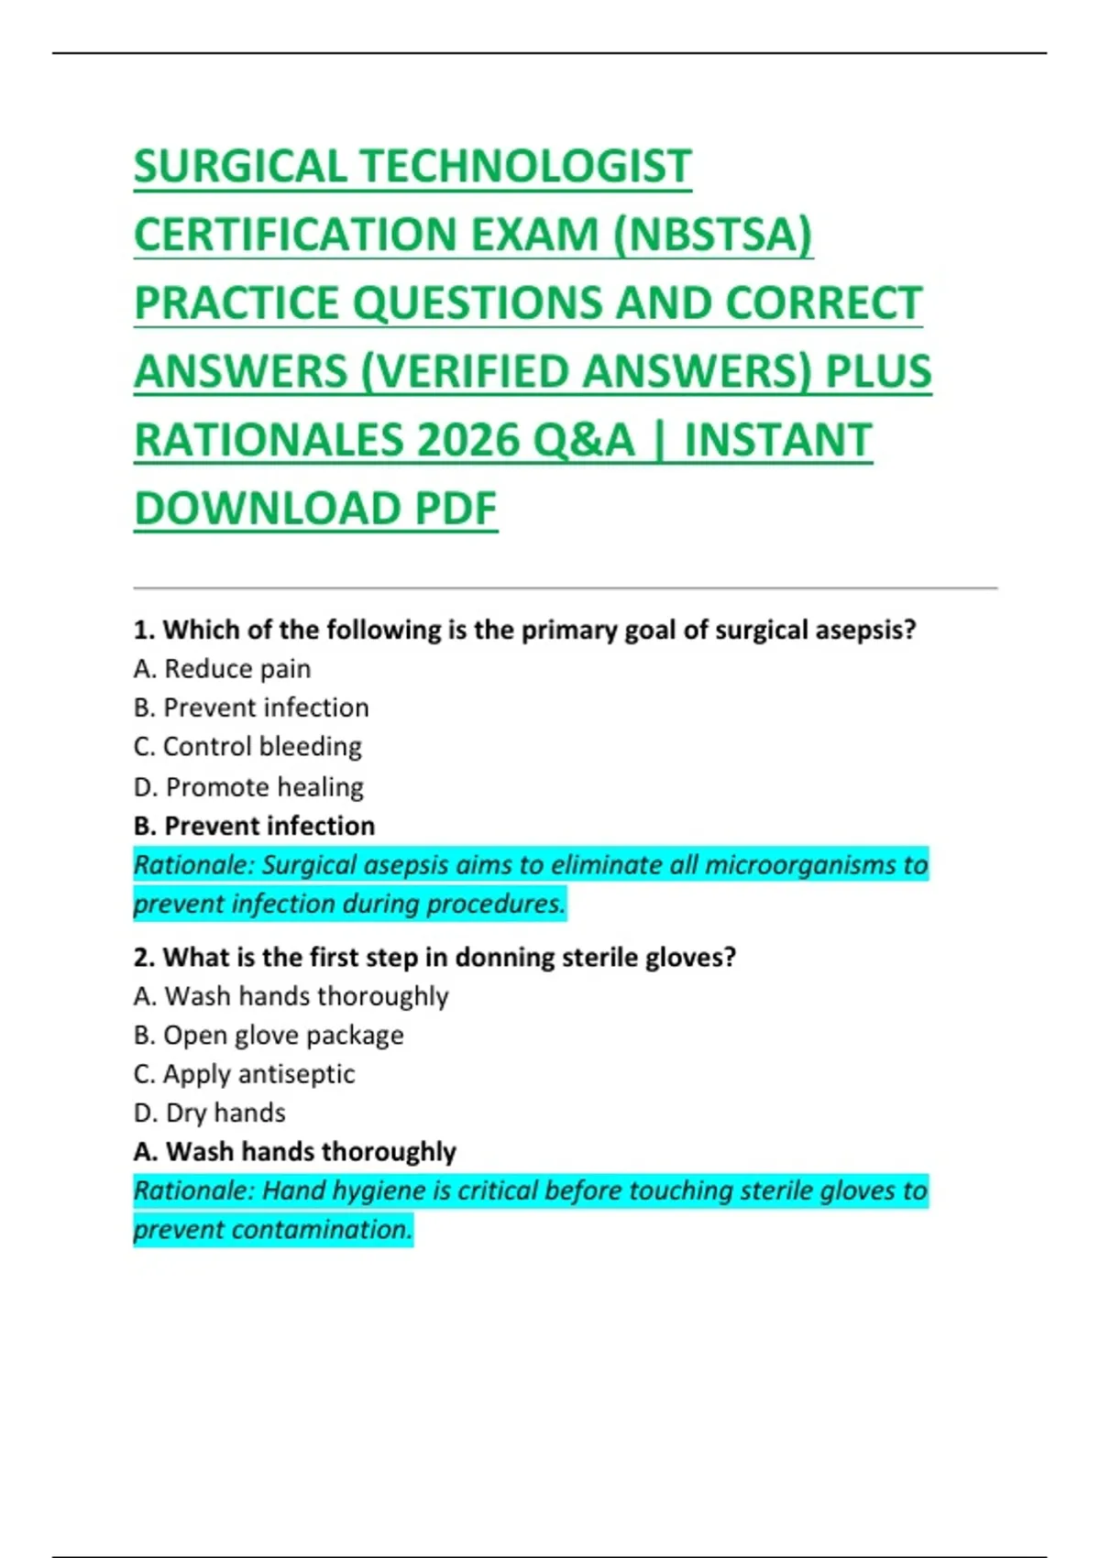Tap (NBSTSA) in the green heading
tap(712, 235)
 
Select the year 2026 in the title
tap(467, 440)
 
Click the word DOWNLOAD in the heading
tap(267, 509)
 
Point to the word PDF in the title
tap(456, 509)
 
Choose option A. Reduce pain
tap(222, 669)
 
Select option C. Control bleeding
tap(247, 747)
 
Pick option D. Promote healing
tap(248, 786)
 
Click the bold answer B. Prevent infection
tap(254, 826)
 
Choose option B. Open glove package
tap(268, 1036)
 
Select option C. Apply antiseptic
tap(244, 1074)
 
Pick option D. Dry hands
tap(209, 1113)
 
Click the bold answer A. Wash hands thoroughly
tap(294, 1152)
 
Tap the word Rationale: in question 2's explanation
tap(193, 1190)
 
